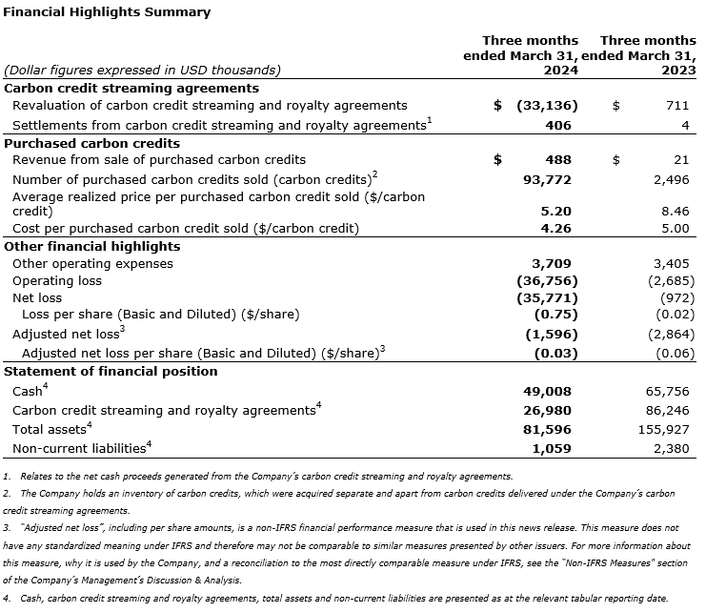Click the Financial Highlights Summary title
(106, 13)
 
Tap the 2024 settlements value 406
(558, 125)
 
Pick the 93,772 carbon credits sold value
(549, 179)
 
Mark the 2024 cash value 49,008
(549, 391)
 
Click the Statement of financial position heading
(111, 371)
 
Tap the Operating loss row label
(57, 281)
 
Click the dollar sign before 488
(497, 160)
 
